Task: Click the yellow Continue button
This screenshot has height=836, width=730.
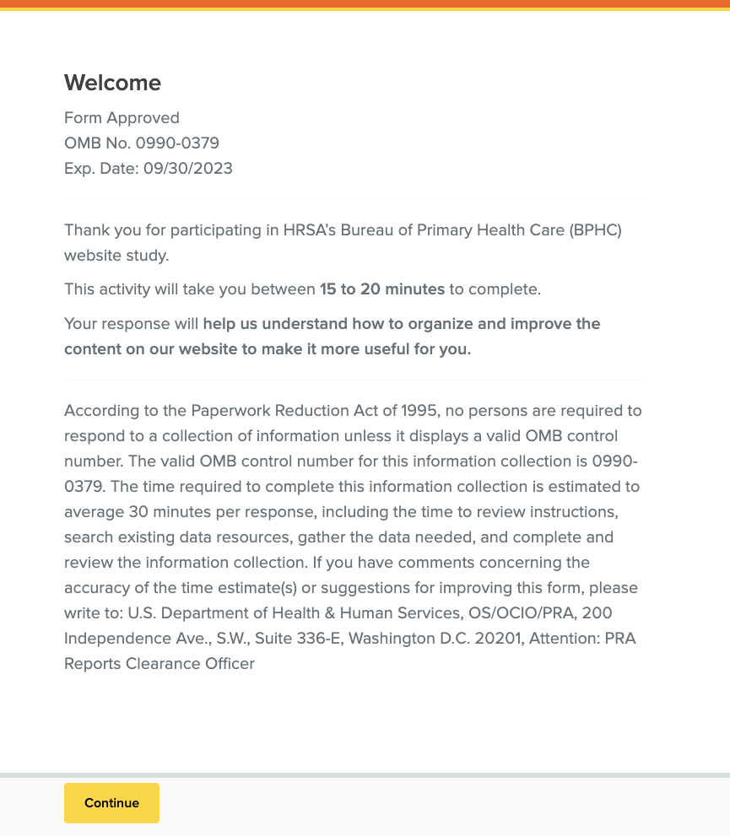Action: pyautogui.click(x=111, y=803)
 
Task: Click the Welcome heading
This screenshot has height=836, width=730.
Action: pyautogui.click(x=112, y=83)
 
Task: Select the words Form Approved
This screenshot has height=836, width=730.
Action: pyautogui.click(x=122, y=118)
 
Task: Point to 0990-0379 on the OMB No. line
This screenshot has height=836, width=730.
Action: pyautogui.click(x=177, y=143)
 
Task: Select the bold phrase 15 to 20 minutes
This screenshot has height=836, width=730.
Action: pyautogui.click(x=381, y=289)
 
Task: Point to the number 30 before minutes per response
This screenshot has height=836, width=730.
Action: pyautogui.click(x=138, y=512)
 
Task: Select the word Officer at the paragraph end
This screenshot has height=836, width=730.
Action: pyautogui.click(x=227, y=664)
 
